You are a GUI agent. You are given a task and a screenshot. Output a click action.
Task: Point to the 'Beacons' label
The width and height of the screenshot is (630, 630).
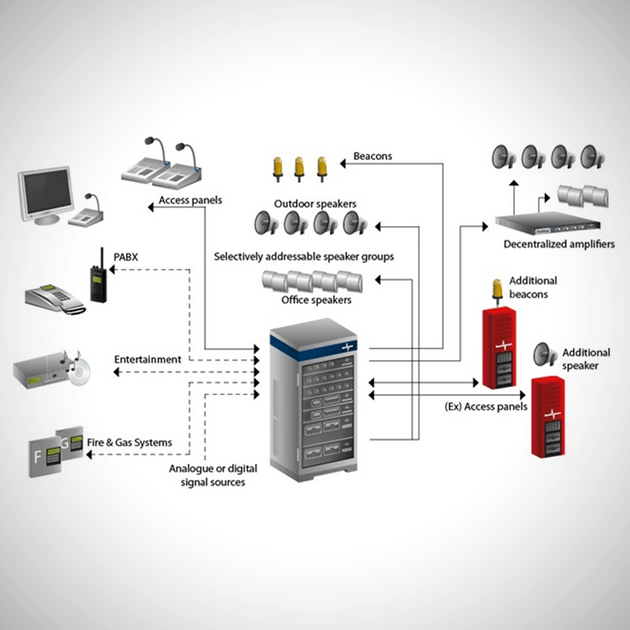(x=372, y=156)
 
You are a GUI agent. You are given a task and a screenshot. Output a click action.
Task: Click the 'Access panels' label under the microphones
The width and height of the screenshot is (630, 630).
(x=190, y=200)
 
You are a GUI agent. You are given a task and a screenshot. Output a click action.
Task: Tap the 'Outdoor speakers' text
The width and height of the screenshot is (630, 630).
(x=315, y=204)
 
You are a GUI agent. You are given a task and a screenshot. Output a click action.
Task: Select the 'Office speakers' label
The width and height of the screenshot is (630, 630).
(x=316, y=300)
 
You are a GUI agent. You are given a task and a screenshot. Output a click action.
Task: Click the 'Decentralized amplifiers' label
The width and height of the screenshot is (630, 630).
(x=559, y=244)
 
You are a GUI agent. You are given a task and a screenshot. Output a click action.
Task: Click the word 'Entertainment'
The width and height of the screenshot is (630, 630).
(x=147, y=359)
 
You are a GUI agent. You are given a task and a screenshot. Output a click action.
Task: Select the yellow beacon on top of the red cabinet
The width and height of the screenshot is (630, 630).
(x=497, y=290)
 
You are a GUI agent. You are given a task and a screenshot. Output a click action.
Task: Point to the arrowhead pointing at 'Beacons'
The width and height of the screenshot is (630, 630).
(x=344, y=162)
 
